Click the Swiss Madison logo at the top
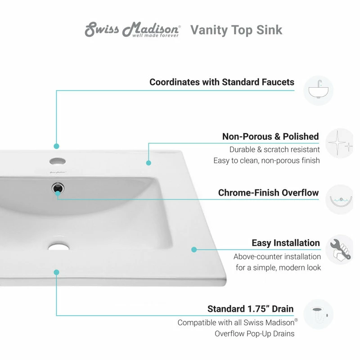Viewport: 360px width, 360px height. pyautogui.click(x=132, y=30)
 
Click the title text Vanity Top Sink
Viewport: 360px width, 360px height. pyautogui.click(x=236, y=30)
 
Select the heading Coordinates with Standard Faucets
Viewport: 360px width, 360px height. pyautogui.click(x=222, y=82)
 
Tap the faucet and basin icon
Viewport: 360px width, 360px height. pyautogui.click(x=318, y=90)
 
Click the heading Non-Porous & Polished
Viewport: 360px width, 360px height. pyautogui.click(x=270, y=136)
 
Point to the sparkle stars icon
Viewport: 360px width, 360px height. pyautogui.click(x=340, y=144)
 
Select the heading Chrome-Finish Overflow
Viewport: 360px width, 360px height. pyautogui.click(x=268, y=193)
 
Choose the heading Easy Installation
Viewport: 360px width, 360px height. pyautogui.click(x=286, y=243)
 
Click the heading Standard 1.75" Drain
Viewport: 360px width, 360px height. pyautogui.click(x=250, y=309)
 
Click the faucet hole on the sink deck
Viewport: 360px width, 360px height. pyautogui.click(x=57, y=161)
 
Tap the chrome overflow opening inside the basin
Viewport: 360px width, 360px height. pyautogui.click(x=58, y=187)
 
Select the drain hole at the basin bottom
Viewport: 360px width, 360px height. pyautogui.click(x=57, y=245)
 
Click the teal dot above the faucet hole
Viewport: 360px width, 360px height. pyautogui.click(x=57, y=146)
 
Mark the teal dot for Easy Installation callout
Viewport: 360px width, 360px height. pyautogui.click(x=194, y=249)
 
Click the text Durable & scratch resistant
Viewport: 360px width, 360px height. pyautogui.click(x=274, y=149)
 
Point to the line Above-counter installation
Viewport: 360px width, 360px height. pyautogui.click(x=277, y=256)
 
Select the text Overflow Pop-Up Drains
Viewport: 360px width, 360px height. pyautogui.click(x=254, y=333)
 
